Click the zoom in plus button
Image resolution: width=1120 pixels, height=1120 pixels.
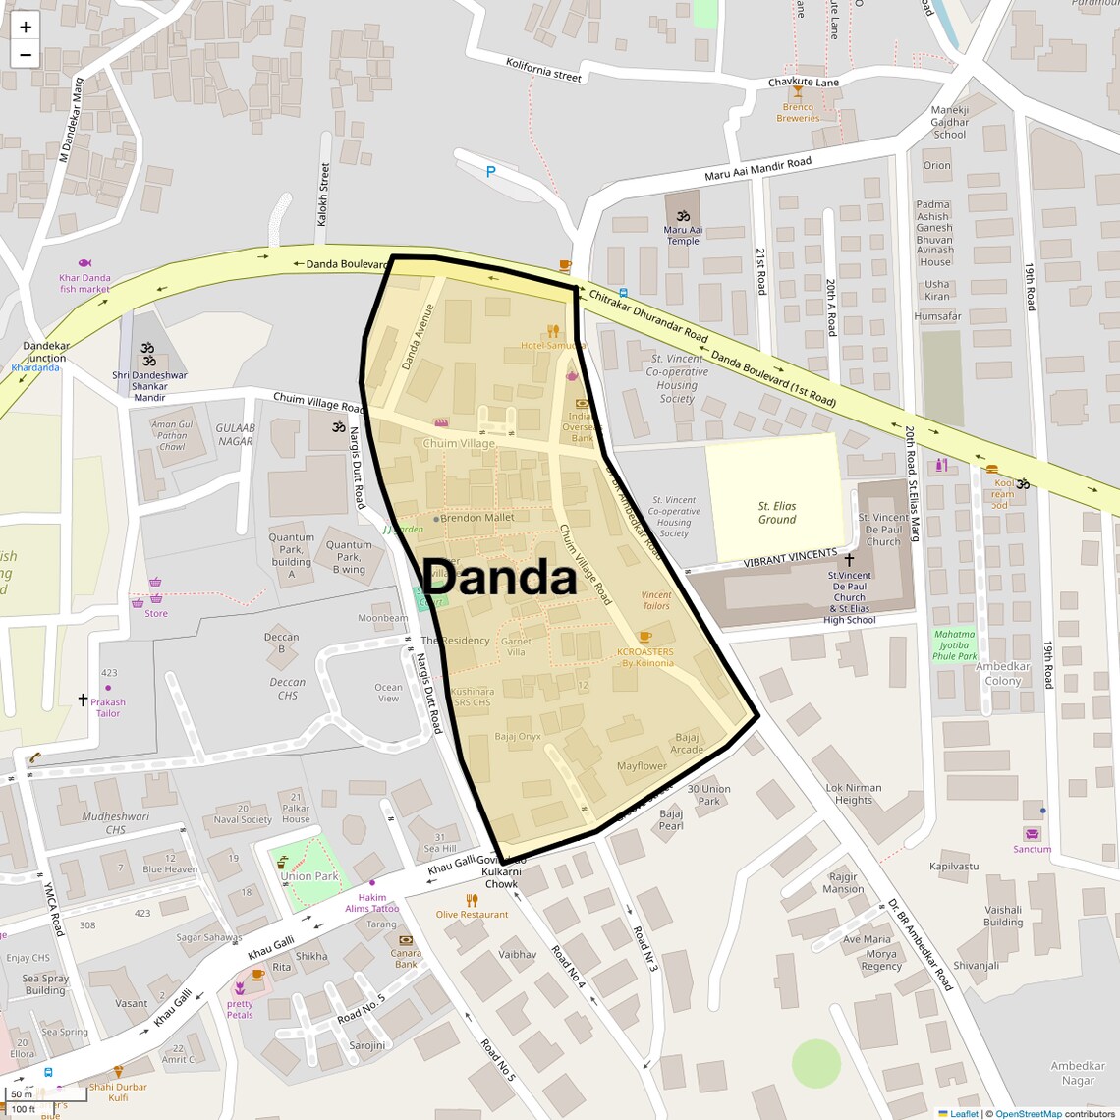[x=26, y=27]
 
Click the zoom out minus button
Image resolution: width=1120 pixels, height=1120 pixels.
[x=26, y=55]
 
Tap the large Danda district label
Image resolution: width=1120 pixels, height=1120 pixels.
[x=499, y=578]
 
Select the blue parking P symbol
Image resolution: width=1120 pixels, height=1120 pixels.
[x=491, y=172]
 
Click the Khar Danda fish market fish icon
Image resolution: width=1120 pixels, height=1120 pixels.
[x=84, y=263]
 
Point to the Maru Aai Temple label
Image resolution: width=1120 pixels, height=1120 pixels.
[x=683, y=236]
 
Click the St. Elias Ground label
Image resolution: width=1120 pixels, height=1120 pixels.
[x=777, y=513]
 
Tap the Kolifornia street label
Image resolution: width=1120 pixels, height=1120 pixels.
[x=543, y=70]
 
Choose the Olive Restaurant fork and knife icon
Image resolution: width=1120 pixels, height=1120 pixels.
[x=473, y=900]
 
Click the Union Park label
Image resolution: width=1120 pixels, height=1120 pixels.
[x=309, y=876]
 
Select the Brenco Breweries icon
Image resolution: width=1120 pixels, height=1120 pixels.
[x=798, y=92]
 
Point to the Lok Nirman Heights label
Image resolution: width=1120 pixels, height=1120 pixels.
[x=854, y=794]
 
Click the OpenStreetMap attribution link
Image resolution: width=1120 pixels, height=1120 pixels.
[x=1029, y=1114]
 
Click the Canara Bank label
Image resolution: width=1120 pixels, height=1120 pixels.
[x=406, y=959]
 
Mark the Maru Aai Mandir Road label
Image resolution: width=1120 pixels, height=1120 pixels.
[x=757, y=170]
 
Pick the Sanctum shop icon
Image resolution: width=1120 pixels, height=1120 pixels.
[x=1033, y=834]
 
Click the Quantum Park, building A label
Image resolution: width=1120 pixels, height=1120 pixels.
[x=292, y=556]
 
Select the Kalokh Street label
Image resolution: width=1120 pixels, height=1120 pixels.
[x=324, y=195]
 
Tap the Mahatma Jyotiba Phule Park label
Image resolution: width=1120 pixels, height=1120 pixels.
[x=955, y=645]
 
